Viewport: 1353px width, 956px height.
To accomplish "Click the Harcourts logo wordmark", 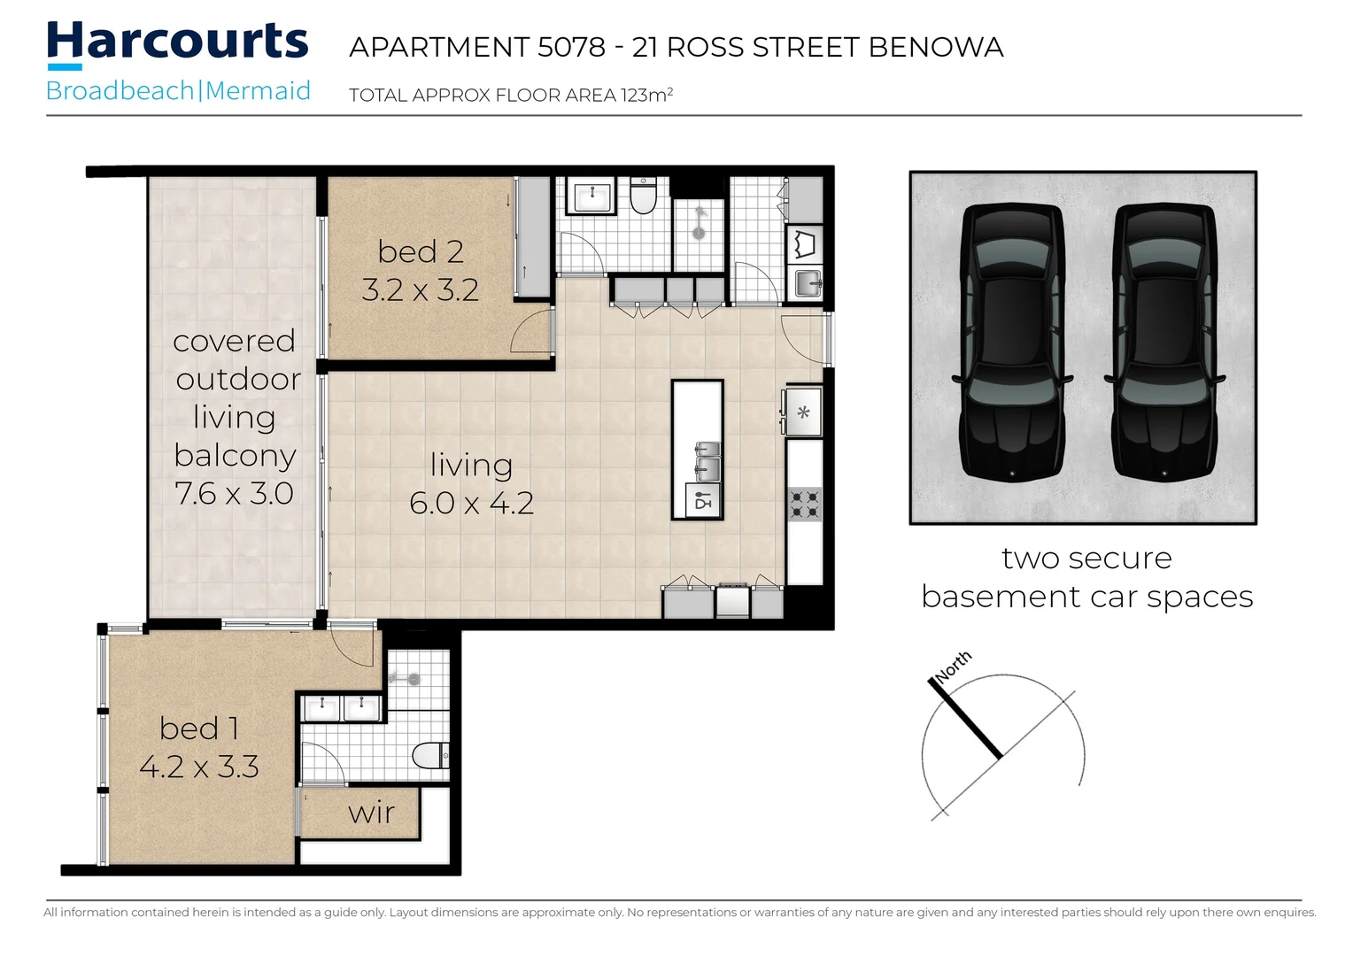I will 177,42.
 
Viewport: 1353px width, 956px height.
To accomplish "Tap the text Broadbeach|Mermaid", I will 178,91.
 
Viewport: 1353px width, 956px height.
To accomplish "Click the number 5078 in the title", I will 571,47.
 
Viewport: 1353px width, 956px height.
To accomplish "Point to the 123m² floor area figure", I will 646,95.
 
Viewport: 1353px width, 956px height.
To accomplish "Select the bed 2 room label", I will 421,251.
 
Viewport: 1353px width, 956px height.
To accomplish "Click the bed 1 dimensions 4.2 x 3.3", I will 199,767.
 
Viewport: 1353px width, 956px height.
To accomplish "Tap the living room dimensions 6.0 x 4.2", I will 471,503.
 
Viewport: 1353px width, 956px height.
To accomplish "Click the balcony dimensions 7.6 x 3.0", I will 234,493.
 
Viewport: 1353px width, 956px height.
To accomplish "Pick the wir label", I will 371,813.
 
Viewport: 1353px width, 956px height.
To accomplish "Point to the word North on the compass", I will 953,666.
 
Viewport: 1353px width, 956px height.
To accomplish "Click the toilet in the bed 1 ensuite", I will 431,755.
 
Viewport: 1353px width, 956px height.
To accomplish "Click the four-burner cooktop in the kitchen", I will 805,504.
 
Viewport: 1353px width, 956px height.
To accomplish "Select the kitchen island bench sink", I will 707,460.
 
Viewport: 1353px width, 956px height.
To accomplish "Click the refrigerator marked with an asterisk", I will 803,412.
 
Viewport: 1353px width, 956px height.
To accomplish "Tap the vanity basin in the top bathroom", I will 590,196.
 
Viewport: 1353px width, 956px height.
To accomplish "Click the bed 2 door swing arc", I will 531,332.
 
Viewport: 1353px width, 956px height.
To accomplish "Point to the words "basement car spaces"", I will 1086,597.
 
